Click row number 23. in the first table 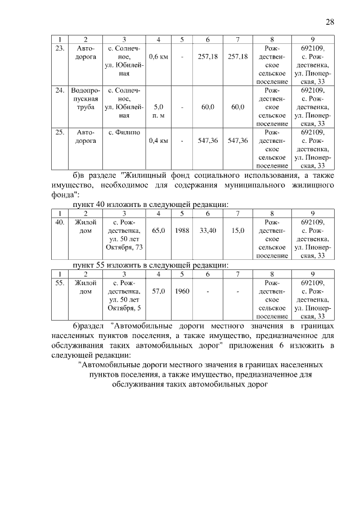(x=59, y=48)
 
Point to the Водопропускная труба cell (x=85, y=98)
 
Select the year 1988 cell (x=182, y=231)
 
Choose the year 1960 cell (x=182, y=291)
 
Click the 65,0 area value (x=159, y=231)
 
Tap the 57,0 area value (x=159, y=291)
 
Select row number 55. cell (x=59, y=283)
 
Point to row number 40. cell (x=59, y=222)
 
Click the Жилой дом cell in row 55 (x=85, y=287)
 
